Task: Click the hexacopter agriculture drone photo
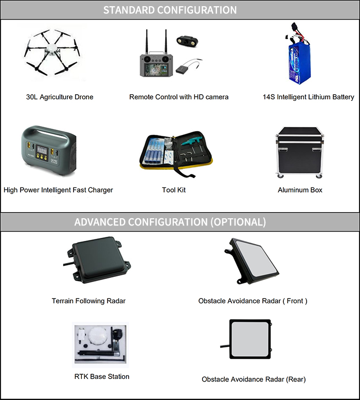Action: click(x=52, y=53)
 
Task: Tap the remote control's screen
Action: click(x=156, y=70)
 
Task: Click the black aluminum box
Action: click(x=300, y=152)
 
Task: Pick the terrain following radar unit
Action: click(x=97, y=259)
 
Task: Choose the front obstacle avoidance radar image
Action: click(x=251, y=261)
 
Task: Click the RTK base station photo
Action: click(x=100, y=344)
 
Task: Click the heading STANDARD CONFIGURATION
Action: click(x=170, y=10)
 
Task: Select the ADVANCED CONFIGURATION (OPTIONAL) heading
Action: click(x=170, y=222)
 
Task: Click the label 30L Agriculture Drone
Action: click(x=60, y=97)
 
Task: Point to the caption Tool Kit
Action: click(x=174, y=190)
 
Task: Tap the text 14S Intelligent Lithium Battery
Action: click(x=308, y=97)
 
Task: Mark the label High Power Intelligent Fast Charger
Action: click(x=58, y=190)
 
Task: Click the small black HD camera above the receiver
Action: click(x=187, y=41)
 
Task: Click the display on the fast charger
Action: click(x=42, y=150)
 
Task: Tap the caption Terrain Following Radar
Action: click(x=88, y=301)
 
